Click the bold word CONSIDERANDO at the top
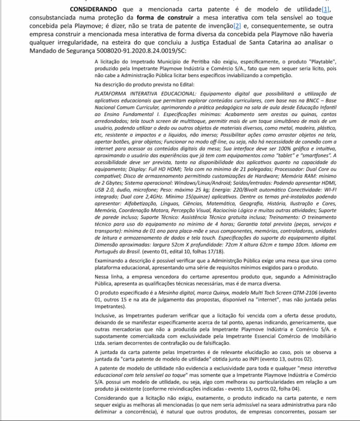(x=93, y=9)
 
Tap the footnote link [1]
(x=326, y=9)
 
